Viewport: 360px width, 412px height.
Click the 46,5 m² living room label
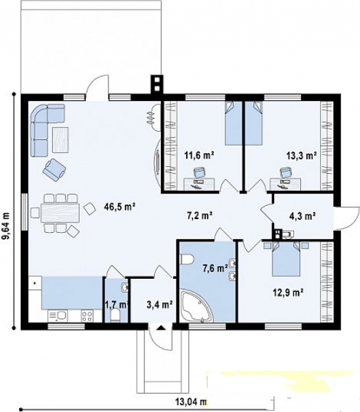point(120,207)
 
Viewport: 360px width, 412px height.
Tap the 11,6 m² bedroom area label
point(199,155)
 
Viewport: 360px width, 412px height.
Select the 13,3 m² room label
point(301,156)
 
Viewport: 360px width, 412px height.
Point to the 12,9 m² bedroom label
point(289,292)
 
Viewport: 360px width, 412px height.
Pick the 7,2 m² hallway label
point(199,216)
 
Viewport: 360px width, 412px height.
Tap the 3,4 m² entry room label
point(159,305)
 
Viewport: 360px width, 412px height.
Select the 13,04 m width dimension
point(191,402)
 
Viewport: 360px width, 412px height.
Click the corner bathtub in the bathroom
point(196,306)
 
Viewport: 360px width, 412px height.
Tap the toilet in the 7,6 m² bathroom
point(187,260)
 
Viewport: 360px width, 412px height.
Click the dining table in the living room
point(60,213)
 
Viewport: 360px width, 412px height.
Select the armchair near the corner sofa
point(54,170)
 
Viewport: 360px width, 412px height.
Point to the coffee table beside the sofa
point(60,140)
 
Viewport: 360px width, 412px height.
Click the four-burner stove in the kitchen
point(87,316)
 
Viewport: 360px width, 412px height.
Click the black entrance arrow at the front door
point(161,328)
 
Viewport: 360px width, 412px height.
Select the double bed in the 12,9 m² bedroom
point(286,259)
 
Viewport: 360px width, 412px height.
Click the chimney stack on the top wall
point(157,84)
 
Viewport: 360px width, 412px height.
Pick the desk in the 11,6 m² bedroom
point(199,184)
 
